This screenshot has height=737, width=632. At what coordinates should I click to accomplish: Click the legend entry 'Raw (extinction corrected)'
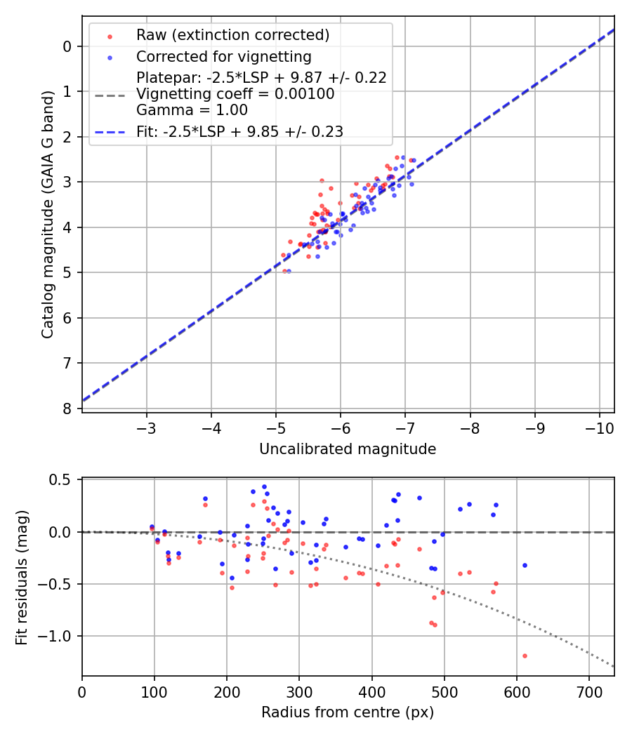232,35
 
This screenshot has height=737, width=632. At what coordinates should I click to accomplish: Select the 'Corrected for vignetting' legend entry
223,56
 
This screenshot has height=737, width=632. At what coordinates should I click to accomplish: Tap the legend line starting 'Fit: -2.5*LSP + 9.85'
239,131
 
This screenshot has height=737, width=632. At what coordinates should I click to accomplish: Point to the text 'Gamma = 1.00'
192,109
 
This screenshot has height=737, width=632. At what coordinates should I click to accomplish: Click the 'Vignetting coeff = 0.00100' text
235,93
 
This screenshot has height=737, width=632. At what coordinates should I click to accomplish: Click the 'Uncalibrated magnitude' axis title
348,449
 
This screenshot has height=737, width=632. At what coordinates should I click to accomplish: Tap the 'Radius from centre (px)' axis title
348,712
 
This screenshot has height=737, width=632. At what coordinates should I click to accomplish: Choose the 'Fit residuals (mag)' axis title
22,576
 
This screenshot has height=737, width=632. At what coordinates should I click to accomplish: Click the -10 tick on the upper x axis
599,427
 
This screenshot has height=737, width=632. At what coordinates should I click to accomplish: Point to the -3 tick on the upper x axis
147,427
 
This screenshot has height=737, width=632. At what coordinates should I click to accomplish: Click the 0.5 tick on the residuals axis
62,480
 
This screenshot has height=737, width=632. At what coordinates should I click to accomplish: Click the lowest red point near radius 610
525,656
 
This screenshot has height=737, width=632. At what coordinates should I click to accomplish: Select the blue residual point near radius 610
525,565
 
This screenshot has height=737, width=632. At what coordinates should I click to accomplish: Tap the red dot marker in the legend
109,35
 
